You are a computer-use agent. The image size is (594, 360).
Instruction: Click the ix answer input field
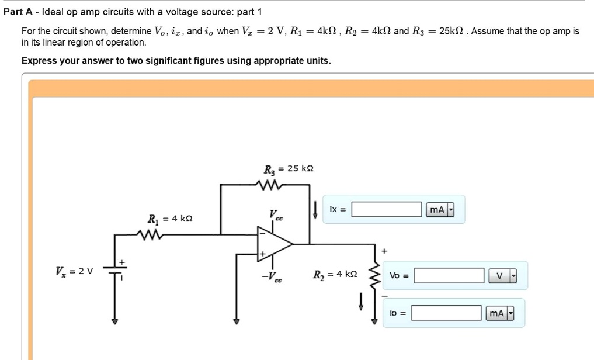coord(386,209)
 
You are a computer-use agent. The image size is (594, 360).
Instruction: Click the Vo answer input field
coord(449,275)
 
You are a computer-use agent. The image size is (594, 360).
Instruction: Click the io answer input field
coord(447,314)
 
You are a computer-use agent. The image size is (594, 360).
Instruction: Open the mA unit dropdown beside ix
coord(450,210)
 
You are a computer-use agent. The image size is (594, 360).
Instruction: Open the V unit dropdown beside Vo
coord(513,276)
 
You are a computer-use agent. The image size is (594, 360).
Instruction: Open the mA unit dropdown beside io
coord(510,314)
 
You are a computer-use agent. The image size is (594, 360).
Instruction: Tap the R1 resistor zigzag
coord(151,234)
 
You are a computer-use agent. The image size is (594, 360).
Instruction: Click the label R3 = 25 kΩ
coord(289,169)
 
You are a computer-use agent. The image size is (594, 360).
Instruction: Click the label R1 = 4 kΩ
coord(169,219)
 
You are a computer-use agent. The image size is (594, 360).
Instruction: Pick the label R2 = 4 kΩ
coord(335,274)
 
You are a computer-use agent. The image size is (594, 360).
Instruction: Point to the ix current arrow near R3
coord(315,210)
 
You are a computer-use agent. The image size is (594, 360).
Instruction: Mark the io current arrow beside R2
coord(362,299)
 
